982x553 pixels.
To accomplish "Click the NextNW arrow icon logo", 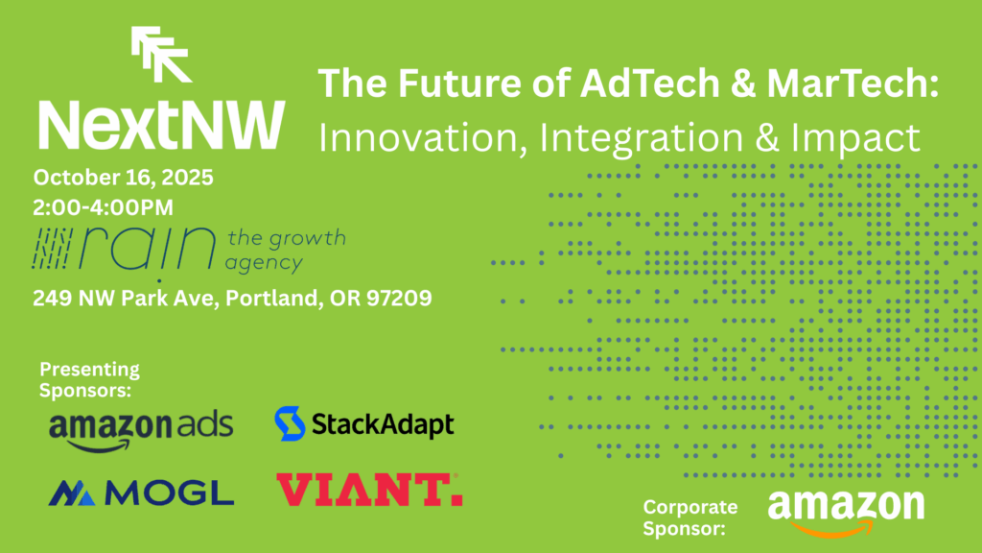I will point(161,54).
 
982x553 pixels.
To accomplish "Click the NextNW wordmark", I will point(160,123).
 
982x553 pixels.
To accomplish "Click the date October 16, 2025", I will point(123,178).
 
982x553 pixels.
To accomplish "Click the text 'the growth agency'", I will point(286,250).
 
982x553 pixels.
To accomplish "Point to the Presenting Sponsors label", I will point(89,379).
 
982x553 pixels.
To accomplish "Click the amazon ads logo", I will point(140,429).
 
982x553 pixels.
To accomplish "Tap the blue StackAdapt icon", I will point(290,423).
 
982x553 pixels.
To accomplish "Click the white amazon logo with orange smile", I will point(846,512).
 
